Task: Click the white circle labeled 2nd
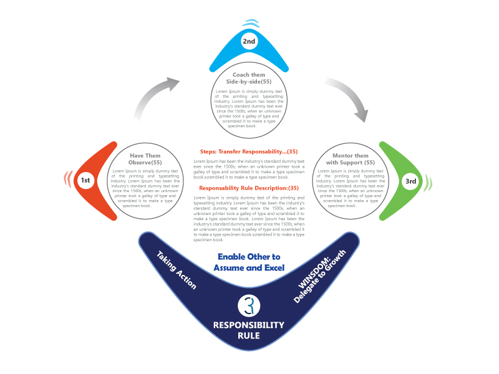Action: click(249, 41)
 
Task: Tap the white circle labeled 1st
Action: click(85, 180)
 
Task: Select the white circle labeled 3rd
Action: click(410, 181)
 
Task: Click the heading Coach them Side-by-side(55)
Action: click(249, 79)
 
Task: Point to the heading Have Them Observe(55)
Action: click(145, 159)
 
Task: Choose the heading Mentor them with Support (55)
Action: click(351, 159)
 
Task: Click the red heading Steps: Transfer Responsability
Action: click(249, 151)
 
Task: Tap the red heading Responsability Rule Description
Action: click(249, 188)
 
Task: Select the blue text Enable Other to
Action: click(249, 257)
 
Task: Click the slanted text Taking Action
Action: click(177, 271)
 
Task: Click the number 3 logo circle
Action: click(249, 306)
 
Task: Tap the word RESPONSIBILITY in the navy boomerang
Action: click(249, 325)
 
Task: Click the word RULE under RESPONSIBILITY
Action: click(249, 335)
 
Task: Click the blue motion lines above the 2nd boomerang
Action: click(251, 24)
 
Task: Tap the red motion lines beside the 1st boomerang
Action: click(68, 179)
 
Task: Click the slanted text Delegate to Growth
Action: click(320, 276)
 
